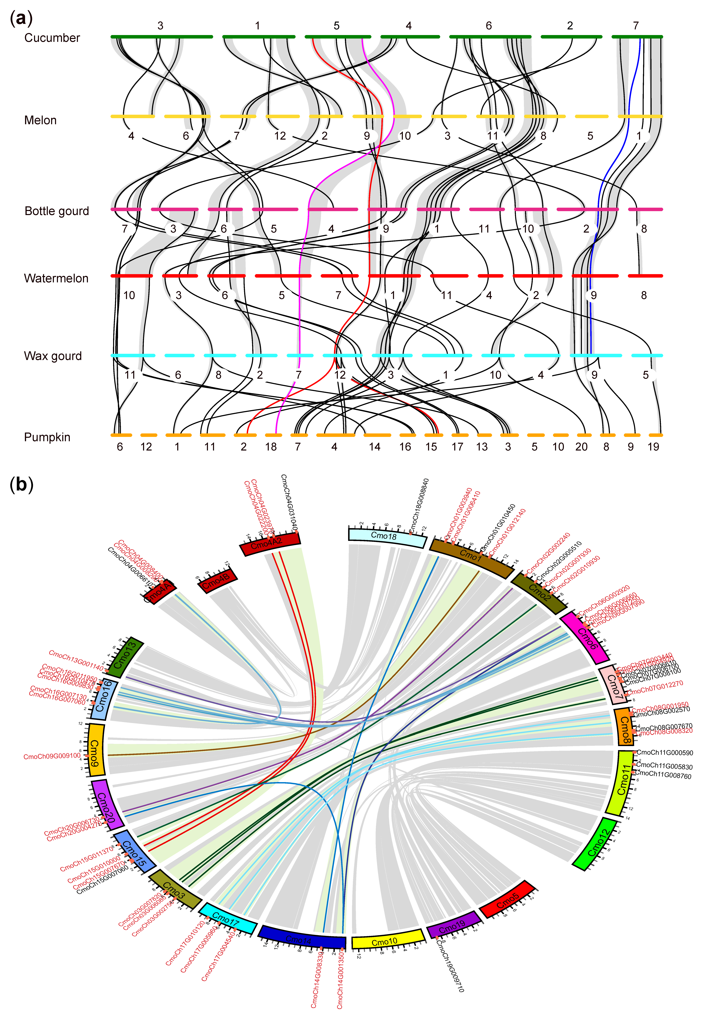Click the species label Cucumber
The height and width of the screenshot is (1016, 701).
(52, 38)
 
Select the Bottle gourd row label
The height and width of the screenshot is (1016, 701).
(57, 211)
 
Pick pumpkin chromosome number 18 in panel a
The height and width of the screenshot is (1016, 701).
(271, 447)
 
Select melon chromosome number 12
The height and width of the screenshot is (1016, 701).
(280, 136)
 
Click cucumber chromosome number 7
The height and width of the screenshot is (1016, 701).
(636, 26)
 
